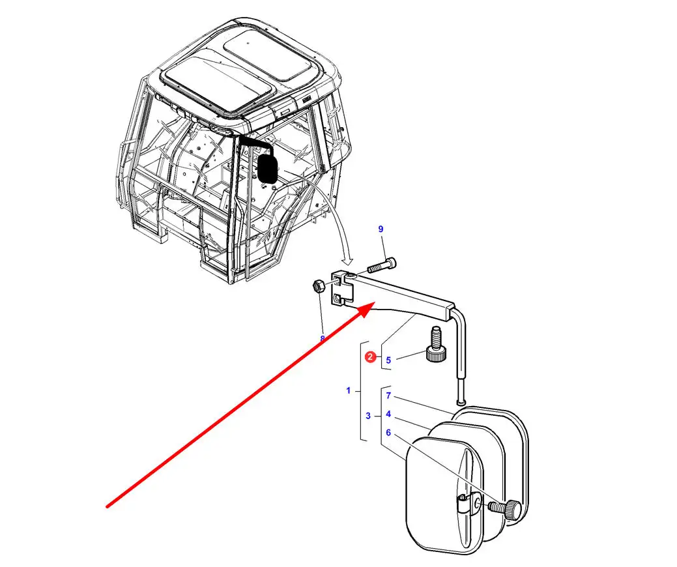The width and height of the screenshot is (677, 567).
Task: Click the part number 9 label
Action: tap(381, 229)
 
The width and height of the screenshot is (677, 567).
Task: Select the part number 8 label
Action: tap(322, 338)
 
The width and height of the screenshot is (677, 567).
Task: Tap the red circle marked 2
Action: tap(370, 356)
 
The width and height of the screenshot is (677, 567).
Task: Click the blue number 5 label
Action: tap(388, 360)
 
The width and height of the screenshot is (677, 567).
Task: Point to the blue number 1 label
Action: tap(349, 391)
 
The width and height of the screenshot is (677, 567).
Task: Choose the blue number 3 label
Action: tap(368, 416)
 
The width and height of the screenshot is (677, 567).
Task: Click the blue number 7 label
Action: tap(388, 396)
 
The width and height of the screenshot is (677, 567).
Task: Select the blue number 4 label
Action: tap(388, 414)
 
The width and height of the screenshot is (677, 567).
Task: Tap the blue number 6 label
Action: tap(388, 432)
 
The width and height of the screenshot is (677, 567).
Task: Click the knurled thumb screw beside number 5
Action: tap(436, 349)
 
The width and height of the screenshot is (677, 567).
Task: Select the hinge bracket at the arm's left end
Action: tap(343, 289)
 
